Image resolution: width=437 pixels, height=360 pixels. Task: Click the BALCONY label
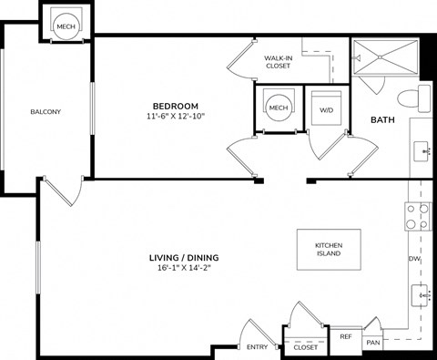[x=45, y=111]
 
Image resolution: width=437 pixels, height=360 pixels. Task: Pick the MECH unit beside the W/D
[x=278, y=108]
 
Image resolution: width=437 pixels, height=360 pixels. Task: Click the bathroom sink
[x=422, y=149]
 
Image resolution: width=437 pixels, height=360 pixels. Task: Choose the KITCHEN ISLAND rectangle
[x=329, y=249]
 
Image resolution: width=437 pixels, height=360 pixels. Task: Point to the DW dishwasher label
[x=413, y=260]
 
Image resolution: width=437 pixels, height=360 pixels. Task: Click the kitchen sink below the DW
[x=421, y=294]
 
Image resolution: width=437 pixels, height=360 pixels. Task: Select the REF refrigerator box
[x=345, y=337]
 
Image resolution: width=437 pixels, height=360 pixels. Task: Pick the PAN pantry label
[x=372, y=343]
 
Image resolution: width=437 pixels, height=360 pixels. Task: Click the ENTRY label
[x=257, y=346]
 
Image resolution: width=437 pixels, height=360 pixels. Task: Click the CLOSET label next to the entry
[x=306, y=347]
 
